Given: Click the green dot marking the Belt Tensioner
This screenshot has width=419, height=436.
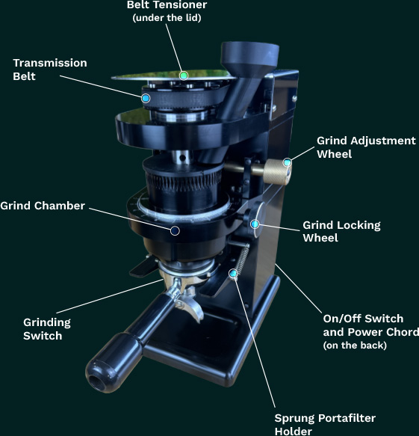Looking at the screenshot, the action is click(x=184, y=76).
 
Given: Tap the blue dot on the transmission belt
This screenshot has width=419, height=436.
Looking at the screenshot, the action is click(x=146, y=98).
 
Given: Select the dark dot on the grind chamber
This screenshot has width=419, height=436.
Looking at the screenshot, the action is click(x=175, y=230).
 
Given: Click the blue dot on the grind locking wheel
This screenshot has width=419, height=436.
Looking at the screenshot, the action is click(x=255, y=224).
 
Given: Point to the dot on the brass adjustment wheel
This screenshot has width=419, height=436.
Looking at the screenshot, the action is click(x=288, y=162).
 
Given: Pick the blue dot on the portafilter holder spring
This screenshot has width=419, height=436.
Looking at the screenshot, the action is click(x=233, y=274).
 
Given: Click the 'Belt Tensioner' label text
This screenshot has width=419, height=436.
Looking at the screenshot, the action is click(x=167, y=4).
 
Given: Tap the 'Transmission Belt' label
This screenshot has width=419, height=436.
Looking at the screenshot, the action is click(x=50, y=70).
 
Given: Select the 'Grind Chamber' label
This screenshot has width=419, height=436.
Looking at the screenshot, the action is click(x=43, y=206).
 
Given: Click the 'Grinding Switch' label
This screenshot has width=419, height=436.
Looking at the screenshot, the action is click(x=47, y=329).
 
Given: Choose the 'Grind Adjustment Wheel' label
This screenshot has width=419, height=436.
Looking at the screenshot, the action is click(x=366, y=147).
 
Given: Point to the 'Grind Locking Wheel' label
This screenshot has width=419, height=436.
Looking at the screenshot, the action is click(x=341, y=231).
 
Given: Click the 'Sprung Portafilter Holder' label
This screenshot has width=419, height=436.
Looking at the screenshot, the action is click(x=325, y=424).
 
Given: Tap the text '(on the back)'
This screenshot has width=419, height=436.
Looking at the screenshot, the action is click(x=355, y=346).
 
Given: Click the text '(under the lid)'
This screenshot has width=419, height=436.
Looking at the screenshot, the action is click(x=167, y=18).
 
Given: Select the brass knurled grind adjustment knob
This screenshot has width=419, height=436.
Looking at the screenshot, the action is click(x=277, y=172).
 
